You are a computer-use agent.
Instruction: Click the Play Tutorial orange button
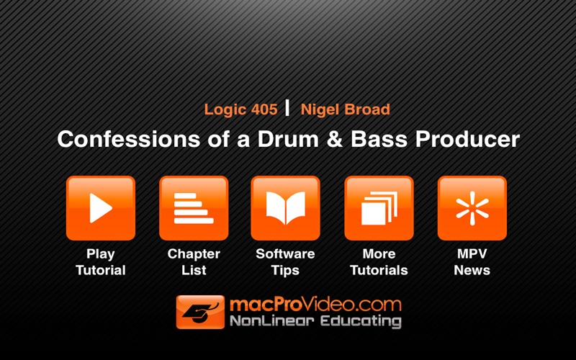(101, 208)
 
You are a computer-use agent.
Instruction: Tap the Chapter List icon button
(194, 208)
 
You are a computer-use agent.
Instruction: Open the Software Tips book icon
(285, 208)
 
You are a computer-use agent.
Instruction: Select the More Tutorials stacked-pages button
(379, 208)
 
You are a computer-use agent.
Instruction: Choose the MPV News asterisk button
(472, 208)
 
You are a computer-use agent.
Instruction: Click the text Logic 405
(240, 110)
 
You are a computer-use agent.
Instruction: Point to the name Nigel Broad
(346, 109)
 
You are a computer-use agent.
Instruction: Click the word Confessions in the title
(129, 139)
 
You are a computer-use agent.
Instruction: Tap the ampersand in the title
(334, 140)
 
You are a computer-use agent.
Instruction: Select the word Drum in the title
(288, 139)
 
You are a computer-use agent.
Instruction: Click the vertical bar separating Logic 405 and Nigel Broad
(287, 108)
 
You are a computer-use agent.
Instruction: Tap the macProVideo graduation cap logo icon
(200, 312)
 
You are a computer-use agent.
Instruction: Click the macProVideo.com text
(315, 305)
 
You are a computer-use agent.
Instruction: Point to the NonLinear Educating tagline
(315, 321)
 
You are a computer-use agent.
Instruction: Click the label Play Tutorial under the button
(101, 262)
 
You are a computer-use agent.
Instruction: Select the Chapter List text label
(194, 262)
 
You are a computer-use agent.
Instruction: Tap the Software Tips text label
(285, 262)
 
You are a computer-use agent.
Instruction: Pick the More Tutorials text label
(379, 262)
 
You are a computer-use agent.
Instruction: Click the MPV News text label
(472, 262)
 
